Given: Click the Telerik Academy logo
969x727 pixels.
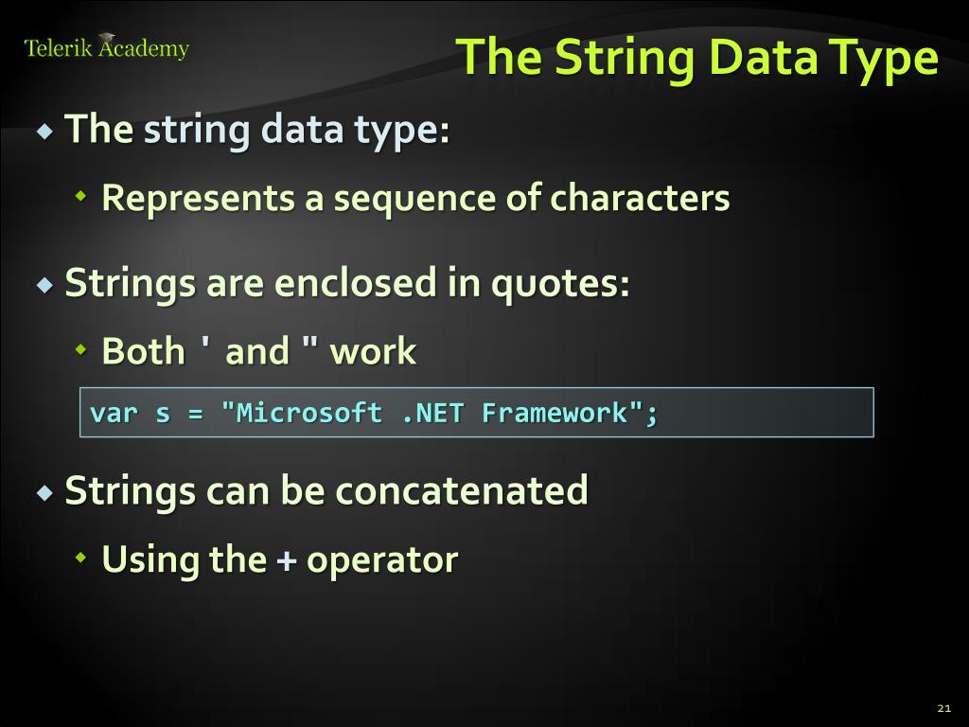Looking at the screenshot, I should click(x=106, y=48).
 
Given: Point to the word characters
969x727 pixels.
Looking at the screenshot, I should click(x=640, y=199).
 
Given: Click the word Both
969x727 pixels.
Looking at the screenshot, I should click(x=143, y=351).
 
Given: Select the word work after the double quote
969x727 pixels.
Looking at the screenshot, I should click(x=373, y=351).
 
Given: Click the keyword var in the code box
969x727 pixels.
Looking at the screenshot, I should click(x=113, y=413).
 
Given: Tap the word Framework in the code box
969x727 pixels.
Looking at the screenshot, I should click(x=554, y=413).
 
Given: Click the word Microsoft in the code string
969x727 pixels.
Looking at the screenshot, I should click(x=308, y=413).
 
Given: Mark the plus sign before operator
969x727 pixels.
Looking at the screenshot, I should click(x=286, y=560).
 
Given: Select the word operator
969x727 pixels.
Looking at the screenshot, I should click(x=382, y=560).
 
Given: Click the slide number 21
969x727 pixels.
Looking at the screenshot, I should click(x=943, y=708).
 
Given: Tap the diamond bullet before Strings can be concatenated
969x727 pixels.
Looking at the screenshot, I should click(x=45, y=492).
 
